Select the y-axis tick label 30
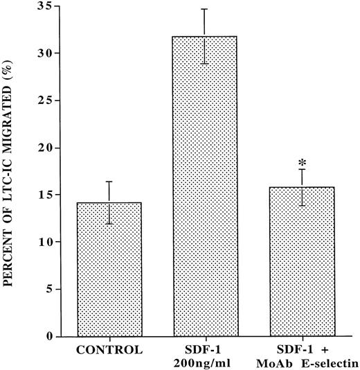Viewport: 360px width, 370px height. tap(42, 53)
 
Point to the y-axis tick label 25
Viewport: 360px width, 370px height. tap(42, 100)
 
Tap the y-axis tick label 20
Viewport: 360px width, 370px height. tap(42, 148)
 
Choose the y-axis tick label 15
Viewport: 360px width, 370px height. tap(42, 195)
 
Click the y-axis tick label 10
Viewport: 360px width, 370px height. tap(42, 242)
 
